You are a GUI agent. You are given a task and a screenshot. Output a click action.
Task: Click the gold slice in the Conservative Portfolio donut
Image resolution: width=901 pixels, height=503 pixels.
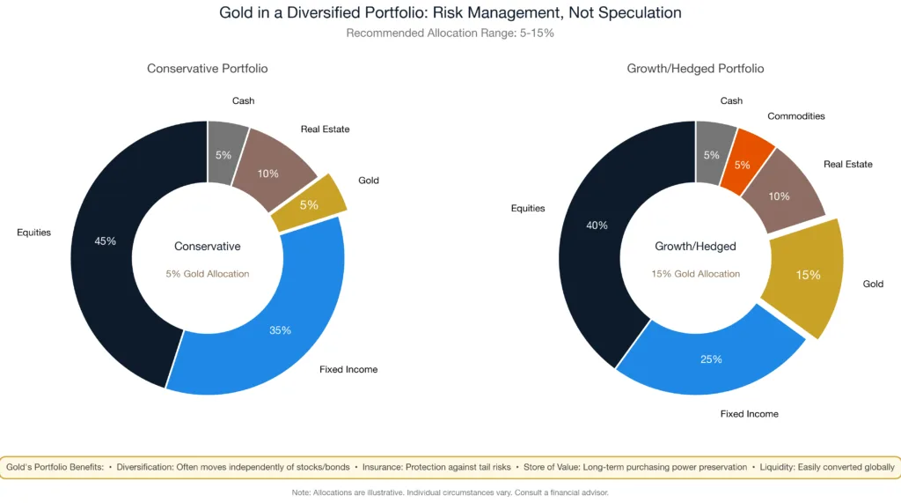(309, 204)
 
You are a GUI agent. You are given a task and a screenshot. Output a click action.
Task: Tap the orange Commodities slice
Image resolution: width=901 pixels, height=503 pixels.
(744, 164)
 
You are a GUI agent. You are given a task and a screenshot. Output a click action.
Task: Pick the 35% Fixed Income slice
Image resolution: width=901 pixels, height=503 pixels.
(280, 329)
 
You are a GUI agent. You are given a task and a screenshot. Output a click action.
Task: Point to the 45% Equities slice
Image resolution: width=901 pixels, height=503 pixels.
(105, 240)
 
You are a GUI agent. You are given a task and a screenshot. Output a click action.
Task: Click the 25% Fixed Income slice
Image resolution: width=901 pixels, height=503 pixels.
(710, 359)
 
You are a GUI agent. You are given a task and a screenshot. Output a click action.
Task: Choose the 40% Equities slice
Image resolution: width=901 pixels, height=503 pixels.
(596, 226)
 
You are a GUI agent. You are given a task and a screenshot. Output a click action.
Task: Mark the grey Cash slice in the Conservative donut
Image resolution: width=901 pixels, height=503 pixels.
(223, 154)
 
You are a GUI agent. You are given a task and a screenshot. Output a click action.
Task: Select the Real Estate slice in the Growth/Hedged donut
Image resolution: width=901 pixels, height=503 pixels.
(780, 196)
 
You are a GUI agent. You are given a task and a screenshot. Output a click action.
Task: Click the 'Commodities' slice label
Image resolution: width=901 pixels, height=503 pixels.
(795, 116)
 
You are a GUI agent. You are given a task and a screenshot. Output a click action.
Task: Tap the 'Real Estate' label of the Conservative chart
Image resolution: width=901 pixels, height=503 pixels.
(325, 129)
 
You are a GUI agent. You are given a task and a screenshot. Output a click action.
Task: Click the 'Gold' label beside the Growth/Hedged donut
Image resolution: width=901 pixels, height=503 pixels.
(873, 284)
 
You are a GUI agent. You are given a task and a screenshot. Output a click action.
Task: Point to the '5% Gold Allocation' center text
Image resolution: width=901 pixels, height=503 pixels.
(208, 274)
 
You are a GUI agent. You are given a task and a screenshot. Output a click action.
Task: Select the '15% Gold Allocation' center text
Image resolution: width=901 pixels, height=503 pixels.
(695, 274)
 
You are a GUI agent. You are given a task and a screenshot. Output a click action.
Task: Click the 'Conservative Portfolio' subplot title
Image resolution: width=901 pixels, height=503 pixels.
(208, 69)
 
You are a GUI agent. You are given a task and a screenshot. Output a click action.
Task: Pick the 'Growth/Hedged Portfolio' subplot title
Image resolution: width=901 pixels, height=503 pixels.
(695, 69)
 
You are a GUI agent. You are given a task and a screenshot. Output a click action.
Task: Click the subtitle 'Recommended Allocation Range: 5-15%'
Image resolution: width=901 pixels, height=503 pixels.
(450, 33)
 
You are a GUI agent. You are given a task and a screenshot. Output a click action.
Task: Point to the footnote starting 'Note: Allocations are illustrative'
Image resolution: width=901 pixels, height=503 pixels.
(450, 492)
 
